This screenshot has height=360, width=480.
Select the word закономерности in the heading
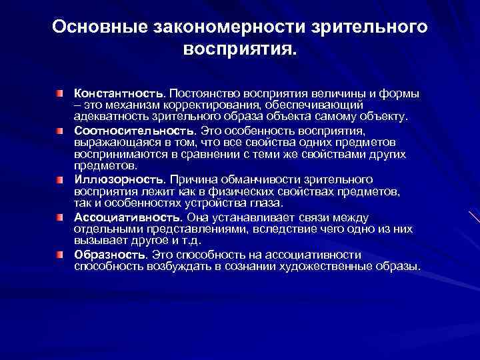click(223, 28)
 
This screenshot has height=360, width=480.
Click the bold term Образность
click(110, 255)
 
